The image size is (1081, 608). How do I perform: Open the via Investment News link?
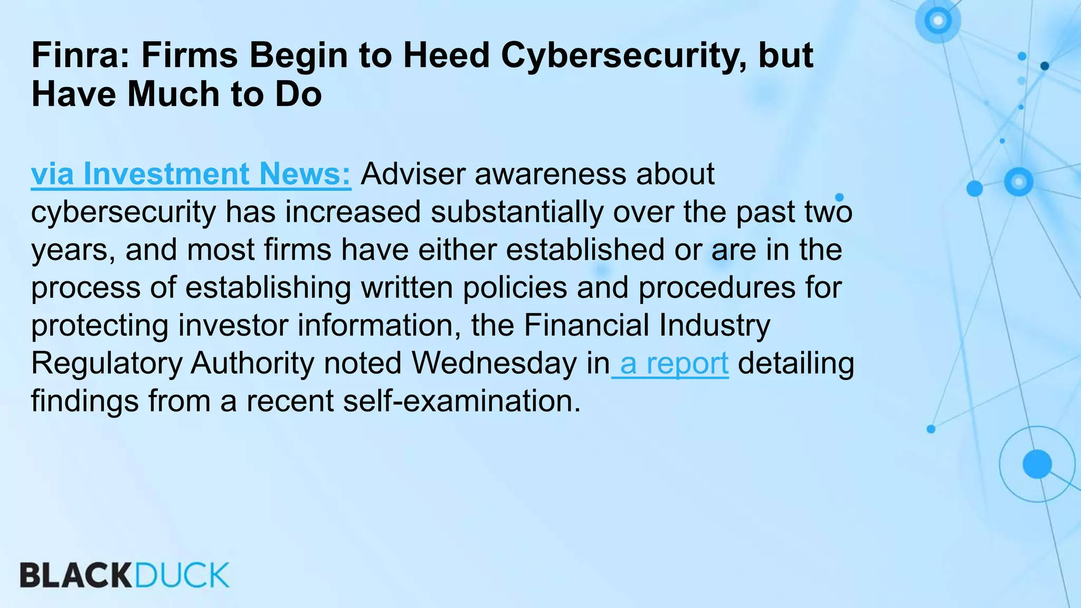191,174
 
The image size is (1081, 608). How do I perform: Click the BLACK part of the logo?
76,575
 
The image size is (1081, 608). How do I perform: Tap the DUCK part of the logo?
182,575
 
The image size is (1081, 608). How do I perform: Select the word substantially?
517,212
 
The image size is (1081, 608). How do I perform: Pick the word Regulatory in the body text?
106,364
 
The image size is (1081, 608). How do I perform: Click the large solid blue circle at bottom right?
1037,464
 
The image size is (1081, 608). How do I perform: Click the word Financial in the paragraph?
586,326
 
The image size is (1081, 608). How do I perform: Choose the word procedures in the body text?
717,288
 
